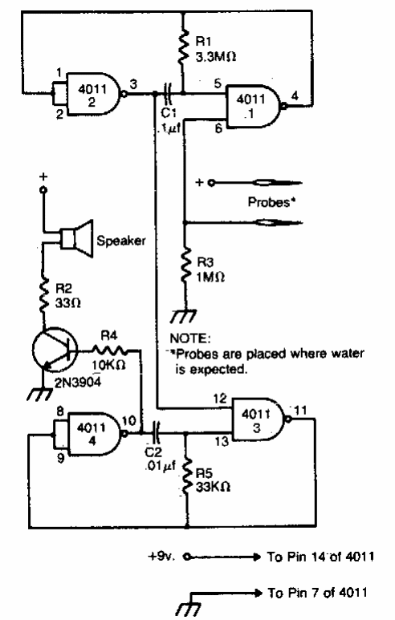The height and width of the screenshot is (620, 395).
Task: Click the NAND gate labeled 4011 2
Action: click(x=93, y=94)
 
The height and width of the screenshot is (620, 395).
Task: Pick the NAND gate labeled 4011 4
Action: click(x=94, y=434)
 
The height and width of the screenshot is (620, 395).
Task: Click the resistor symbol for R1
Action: click(x=183, y=49)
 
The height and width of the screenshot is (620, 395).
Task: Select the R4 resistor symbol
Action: click(x=110, y=350)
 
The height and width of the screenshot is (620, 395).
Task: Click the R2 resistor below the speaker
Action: click(x=43, y=294)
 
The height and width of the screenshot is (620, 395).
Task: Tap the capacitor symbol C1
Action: click(x=169, y=93)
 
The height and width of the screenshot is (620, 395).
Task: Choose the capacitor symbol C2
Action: click(x=157, y=433)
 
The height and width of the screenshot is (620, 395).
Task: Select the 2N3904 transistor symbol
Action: click(x=55, y=351)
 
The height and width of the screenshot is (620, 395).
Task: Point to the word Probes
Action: click(x=269, y=202)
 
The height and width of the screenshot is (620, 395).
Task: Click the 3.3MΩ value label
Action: click(x=216, y=57)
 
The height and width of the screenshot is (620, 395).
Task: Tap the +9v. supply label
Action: click(x=161, y=557)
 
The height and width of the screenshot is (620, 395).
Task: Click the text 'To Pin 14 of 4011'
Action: click(x=320, y=557)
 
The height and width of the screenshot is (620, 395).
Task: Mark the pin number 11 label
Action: click(x=300, y=410)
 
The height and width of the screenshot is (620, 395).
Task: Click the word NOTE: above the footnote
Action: click(x=190, y=338)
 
